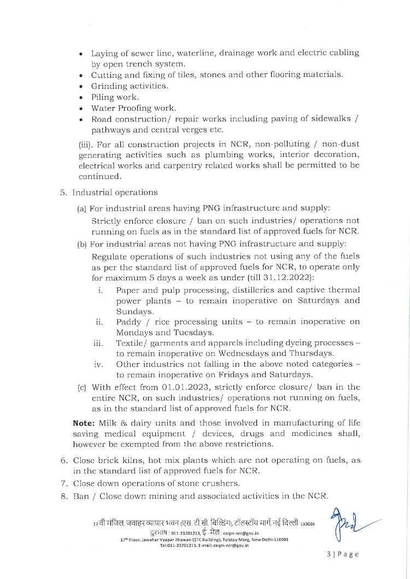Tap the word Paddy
[x=128, y=322]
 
